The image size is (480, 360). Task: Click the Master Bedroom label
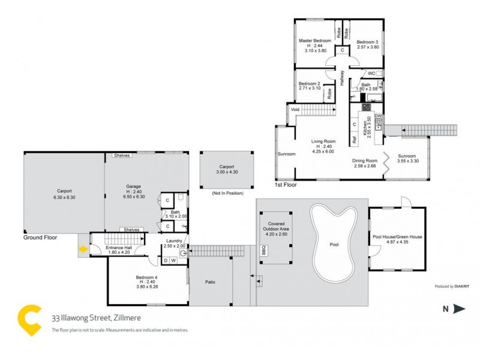(311, 40)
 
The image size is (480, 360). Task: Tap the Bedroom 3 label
(368, 40)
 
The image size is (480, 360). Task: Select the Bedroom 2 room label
(310, 83)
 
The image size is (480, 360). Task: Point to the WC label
(371, 73)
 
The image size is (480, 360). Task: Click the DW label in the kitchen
(378, 115)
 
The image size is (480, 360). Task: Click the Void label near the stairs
(295, 110)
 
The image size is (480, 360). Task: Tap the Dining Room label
(364, 160)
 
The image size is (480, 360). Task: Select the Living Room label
(322, 142)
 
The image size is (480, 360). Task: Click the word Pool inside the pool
(335, 245)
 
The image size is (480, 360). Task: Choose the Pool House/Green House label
(398, 236)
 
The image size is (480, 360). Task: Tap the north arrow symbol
(459, 309)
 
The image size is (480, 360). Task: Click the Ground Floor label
(40, 237)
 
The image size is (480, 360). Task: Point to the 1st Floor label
(286, 185)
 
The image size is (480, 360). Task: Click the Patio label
(210, 282)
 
